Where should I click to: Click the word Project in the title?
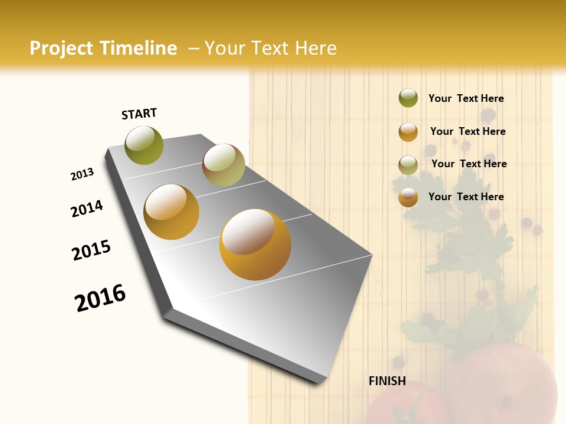tap(62, 48)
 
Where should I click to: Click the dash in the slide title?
tap(193, 48)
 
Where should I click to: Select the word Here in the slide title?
tap(315, 48)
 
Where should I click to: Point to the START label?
tap(139, 114)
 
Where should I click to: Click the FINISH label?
tap(387, 381)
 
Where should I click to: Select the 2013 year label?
tap(82, 174)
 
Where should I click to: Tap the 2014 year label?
tap(87, 208)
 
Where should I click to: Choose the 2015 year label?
tap(91, 250)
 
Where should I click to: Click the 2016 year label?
tap(100, 298)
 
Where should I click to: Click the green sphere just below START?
tap(144, 145)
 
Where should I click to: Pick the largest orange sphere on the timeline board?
tap(255, 244)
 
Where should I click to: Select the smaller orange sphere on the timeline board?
tap(172, 212)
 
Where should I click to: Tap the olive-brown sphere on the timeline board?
tap(223, 165)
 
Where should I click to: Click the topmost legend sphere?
tap(408, 98)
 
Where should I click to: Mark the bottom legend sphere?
tap(408, 197)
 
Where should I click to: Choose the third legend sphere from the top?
tap(408, 165)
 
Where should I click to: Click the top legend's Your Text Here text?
tap(466, 98)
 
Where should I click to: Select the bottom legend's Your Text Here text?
tap(466, 197)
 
